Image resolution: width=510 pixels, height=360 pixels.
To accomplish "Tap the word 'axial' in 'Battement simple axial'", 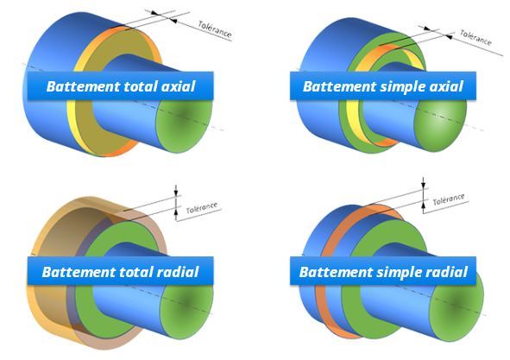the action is (447, 86).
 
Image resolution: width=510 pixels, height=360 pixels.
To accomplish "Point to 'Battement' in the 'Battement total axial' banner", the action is (83, 86).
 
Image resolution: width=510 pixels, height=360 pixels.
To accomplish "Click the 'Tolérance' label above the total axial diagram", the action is (215, 29).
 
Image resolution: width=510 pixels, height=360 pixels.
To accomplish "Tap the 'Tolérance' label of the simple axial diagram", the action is (475, 37).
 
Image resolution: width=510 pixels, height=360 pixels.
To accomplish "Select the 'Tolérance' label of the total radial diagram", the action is (202, 208).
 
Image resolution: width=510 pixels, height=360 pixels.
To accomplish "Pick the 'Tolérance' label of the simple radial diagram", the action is (449, 199).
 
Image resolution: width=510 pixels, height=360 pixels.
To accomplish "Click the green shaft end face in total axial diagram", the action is (185, 125).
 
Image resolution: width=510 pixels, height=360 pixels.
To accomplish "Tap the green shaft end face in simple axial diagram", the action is (440, 125).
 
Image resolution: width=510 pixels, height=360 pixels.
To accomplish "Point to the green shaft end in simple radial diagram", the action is (456, 307).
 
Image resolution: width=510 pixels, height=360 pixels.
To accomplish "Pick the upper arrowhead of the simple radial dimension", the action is (423, 186).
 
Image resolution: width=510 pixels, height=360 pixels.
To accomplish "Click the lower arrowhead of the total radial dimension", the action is (176, 212).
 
